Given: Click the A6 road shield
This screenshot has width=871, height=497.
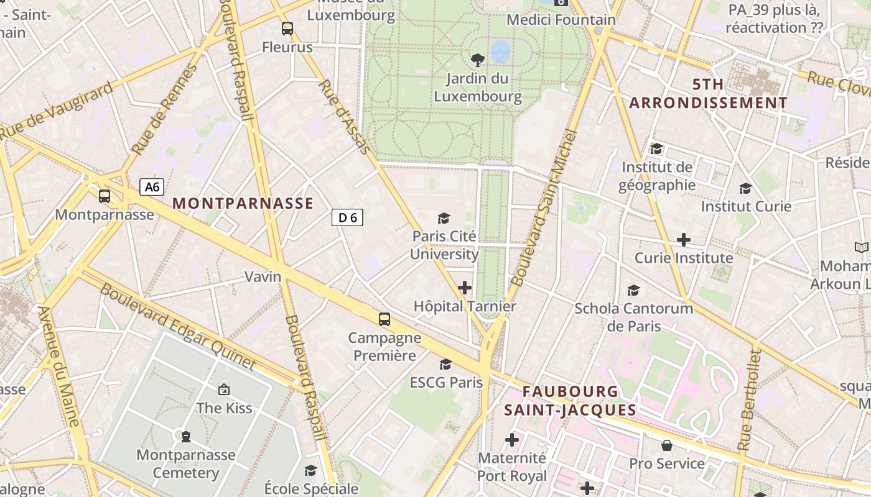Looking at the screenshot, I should pos(152,187).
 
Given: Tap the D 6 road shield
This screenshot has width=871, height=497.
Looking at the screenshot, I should pos(347,217).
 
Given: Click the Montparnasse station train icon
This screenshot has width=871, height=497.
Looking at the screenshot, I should pos(105,196).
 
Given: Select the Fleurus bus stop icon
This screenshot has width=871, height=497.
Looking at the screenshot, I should pos(287,28).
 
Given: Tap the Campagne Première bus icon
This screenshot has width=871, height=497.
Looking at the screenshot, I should pos(384,319).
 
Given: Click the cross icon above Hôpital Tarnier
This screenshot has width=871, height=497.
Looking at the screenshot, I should pos(465,287).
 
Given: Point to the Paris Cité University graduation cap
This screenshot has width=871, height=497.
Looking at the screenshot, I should pos(444,217).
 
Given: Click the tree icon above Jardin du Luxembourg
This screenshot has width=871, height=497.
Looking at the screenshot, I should pos(478,60).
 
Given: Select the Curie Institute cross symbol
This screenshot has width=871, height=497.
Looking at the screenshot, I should pos(684,239).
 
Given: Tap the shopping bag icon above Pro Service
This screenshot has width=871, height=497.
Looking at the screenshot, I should pos(666,445).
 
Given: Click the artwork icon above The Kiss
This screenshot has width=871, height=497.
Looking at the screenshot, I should pos(224,390).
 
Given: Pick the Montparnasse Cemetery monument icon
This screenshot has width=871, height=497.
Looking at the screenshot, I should pos(185,436).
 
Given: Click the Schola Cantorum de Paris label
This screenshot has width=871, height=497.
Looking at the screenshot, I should pos(633,317).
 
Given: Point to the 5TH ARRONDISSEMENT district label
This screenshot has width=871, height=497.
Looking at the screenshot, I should pos(708,94).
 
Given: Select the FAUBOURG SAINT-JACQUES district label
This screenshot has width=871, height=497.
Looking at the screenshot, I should pos(570,401).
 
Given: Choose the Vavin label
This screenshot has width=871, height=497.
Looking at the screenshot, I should pos(263,276).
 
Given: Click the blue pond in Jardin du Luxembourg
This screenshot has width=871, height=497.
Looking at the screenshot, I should pos(500,52).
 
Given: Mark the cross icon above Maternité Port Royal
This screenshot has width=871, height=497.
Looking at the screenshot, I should pos(511,440).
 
